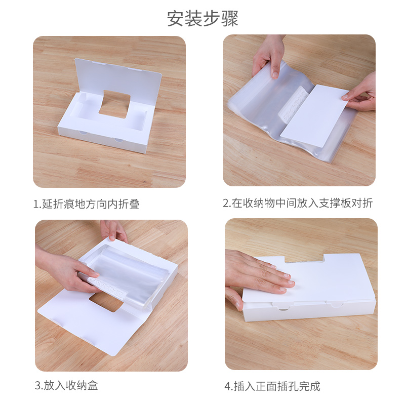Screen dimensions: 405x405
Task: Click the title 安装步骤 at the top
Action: pyautogui.click(x=202, y=18)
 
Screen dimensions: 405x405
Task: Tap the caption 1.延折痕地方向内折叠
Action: pyautogui.click(x=87, y=204)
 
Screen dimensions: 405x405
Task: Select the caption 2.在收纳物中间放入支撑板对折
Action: pyautogui.click(x=298, y=203)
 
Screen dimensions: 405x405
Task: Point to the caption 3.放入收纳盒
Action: pyautogui.click(x=66, y=385)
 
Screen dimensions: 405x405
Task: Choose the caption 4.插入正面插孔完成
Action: pyautogui.click(x=272, y=386)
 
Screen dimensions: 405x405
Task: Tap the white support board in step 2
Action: pyautogui.click(x=314, y=115)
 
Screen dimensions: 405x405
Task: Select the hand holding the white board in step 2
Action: pyautogui.click(x=360, y=94)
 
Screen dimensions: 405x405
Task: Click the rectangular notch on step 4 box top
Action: pyautogui.click(x=305, y=258)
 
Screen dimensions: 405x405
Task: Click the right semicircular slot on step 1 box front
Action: pyautogui.click(x=119, y=140)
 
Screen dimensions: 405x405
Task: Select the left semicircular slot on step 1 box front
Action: pyautogui.click(x=83, y=133)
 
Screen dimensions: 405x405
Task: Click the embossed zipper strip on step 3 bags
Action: pyautogui.click(x=108, y=288)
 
